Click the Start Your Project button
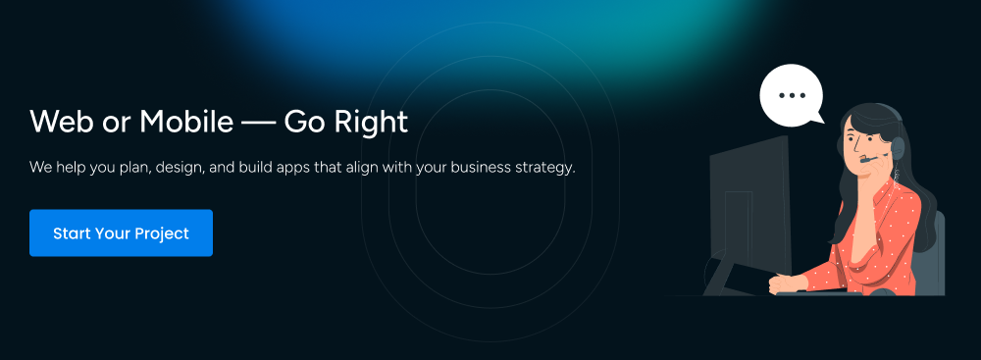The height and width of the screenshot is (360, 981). click(x=121, y=233)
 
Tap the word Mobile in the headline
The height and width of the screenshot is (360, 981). click(x=183, y=123)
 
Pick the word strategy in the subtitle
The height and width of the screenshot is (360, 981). click(x=542, y=169)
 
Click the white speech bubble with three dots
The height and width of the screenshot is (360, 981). click(x=791, y=95)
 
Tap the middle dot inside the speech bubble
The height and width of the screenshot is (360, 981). click(x=791, y=95)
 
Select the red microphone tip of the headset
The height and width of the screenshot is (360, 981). click(x=863, y=161)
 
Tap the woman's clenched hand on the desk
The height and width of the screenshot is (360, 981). click(x=782, y=283)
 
